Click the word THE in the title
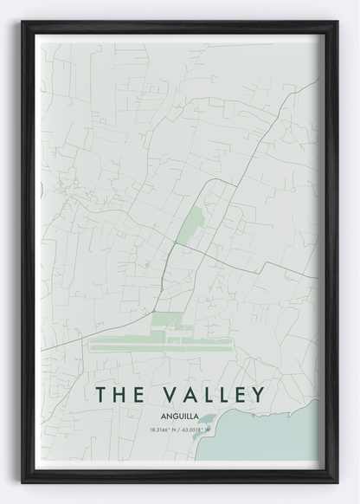click(119, 395)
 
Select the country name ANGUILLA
click(179, 416)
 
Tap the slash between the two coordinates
click(179, 430)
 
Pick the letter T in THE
click(101, 395)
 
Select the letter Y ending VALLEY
click(256, 395)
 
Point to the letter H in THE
click(119, 395)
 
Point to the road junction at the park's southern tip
click(175, 244)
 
